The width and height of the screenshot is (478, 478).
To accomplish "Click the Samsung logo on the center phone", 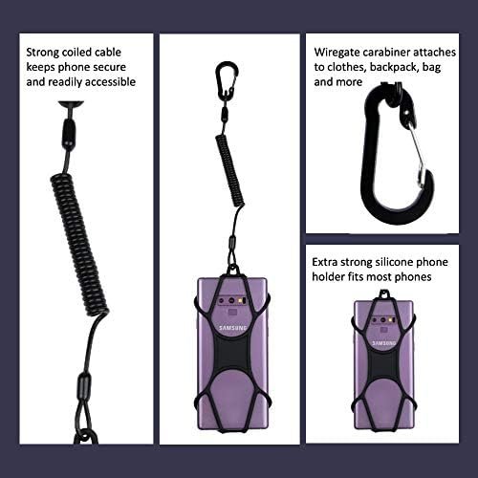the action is pyautogui.click(x=233, y=328).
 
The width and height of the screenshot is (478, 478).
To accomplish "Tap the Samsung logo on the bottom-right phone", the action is pyautogui.click(x=384, y=343).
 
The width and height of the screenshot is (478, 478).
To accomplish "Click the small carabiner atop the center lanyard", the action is pyautogui.click(x=227, y=78).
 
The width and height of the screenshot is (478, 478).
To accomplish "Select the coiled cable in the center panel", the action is pyautogui.click(x=230, y=170).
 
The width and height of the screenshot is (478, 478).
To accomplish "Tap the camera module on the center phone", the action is pyautogui.click(x=232, y=300).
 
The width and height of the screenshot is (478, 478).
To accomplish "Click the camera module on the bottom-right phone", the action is pyautogui.click(x=384, y=319).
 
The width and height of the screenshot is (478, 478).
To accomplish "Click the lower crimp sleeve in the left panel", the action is pyautogui.click(x=84, y=385).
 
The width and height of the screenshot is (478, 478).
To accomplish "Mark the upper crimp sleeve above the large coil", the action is pyautogui.click(x=69, y=133).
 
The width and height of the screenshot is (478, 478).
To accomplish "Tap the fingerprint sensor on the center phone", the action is pyautogui.click(x=232, y=312).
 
